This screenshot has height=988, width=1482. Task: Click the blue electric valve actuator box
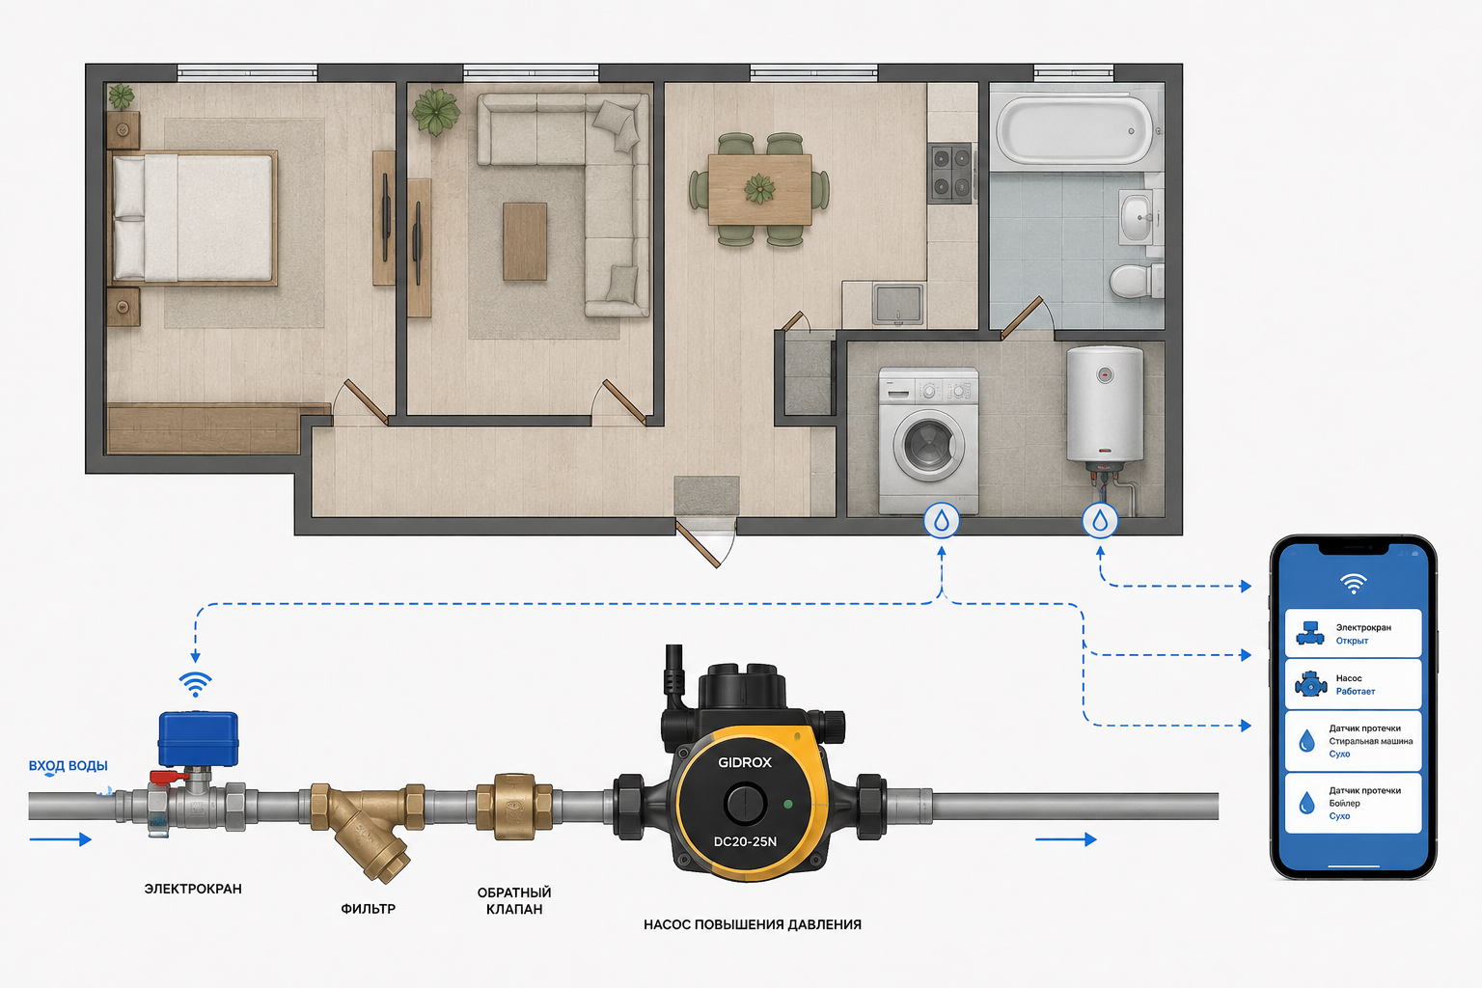coord(198,738)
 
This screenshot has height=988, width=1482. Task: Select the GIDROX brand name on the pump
coord(745,762)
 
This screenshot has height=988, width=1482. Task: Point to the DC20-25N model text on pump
coord(745,841)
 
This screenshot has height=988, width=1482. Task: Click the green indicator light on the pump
coord(787,805)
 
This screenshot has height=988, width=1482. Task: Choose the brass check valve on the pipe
coord(514,807)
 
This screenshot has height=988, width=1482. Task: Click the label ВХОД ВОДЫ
coord(68,766)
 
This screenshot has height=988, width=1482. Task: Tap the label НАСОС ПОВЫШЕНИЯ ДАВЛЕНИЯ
coord(753,924)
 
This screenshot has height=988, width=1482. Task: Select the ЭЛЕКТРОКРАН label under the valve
coord(193,889)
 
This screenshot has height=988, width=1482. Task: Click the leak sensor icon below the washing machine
coord(942,521)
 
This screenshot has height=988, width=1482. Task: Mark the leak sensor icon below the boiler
coord(1100,521)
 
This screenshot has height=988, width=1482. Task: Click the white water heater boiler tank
coord(1104,403)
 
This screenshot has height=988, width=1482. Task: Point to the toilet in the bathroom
coord(1136,281)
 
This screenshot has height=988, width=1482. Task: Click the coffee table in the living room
coord(525,241)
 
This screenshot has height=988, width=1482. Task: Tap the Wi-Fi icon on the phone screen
coord(1353,583)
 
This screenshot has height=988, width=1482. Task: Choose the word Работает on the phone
coord(1355,692)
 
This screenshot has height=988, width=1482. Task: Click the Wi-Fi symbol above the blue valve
coord(195,684)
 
